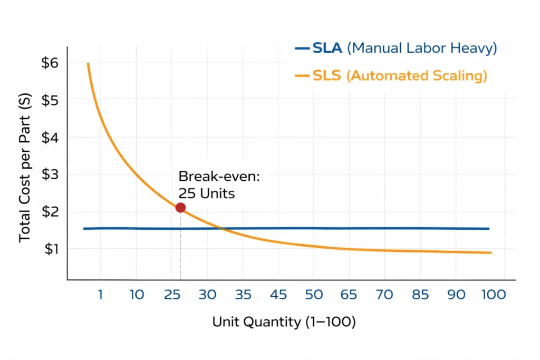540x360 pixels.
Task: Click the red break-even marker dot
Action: [x=180, y=208]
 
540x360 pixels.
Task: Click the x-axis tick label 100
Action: [x=493, y=295]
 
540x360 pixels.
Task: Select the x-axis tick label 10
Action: [x=137, y=295]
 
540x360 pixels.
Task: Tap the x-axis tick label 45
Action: [x=278, y=295]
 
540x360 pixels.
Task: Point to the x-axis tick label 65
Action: [x=349, y=295]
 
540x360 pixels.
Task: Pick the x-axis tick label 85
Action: [x=420, y=295]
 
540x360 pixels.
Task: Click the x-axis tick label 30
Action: [x=207, y=295]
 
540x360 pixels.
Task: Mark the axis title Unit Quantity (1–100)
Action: [x=284, y=322]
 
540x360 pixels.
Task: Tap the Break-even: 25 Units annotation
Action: [x=219, y=184]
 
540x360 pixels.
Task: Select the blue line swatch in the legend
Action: [x=302, y=48]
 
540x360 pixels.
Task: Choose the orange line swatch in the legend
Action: [x=302, y=76]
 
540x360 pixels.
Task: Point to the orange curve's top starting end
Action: [x=88, y=64]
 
